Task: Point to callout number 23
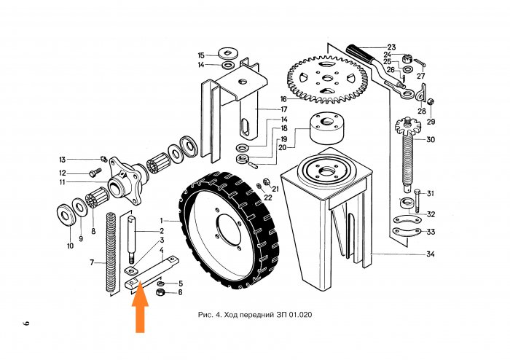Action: coord(391,47)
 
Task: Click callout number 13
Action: coord(63,160)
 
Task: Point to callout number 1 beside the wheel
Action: coord(162,219)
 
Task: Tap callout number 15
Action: coord(202,55)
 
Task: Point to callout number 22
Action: coord(267,197)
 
